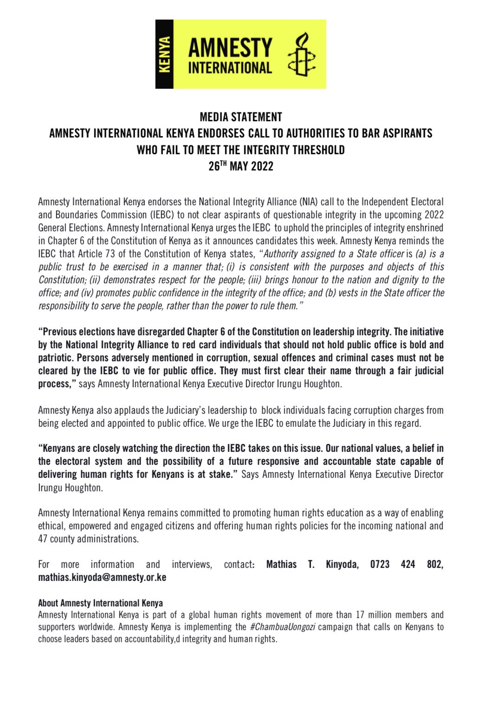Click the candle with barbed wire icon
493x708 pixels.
coord(301,54)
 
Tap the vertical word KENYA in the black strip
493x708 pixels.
coord(164,54)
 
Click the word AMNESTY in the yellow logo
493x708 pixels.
coord(230,48)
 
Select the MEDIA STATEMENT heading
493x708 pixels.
coord(241,117)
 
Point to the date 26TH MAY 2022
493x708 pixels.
coord(241,166)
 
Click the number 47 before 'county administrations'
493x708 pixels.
coord(43,539)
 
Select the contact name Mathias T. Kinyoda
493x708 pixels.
coord(312,565)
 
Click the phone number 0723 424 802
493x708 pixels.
coord(406,565)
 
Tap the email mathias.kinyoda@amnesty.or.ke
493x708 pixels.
coord(102,578)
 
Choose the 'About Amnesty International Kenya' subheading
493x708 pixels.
coord(100,603)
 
